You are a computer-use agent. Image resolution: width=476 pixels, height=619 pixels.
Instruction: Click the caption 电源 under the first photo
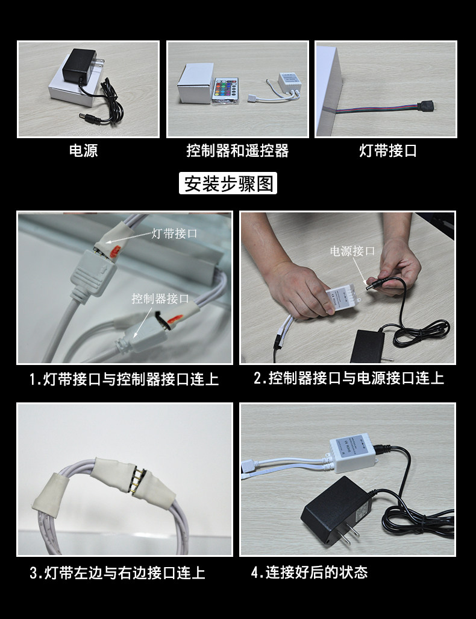(x=83, y=151)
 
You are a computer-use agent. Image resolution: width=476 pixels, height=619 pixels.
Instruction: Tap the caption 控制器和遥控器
(x=237, y=151)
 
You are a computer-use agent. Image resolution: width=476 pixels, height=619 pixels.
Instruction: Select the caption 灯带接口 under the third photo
(x=388, y=151)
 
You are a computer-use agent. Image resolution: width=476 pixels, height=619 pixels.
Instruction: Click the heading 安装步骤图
(x=228, y=183)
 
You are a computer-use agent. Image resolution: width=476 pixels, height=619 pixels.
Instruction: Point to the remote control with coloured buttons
(x=225, y=90)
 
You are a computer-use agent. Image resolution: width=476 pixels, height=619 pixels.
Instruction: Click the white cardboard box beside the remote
(x=195, y=83)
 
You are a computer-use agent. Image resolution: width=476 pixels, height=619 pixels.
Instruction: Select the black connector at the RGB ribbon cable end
(x=427, y=106)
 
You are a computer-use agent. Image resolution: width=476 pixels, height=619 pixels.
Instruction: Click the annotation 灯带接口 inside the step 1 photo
(x=174, y=233)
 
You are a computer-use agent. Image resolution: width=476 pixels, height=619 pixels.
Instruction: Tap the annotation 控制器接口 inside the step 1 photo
(x=160, y=299)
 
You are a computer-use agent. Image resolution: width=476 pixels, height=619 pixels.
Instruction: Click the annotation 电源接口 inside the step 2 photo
(x=352, y=251)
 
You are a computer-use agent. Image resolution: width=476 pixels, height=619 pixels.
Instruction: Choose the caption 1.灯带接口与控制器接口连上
(x=124, y=379)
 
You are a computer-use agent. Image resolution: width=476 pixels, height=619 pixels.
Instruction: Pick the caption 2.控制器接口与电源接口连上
(x=349, y=378)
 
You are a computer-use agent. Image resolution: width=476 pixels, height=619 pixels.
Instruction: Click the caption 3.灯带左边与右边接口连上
(x=117, y=573)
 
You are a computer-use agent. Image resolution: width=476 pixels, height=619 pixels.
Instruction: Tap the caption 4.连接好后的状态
(x=309, y=572)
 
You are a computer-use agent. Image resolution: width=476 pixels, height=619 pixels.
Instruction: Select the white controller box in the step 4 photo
(x=352, y=452)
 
